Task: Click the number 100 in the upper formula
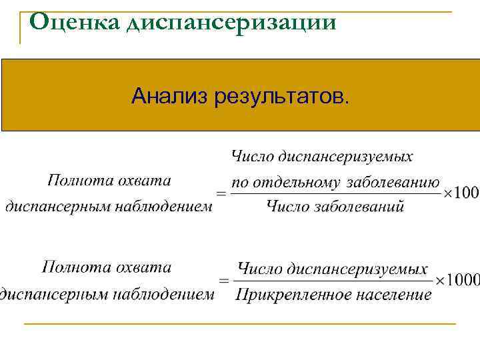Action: pos(466,193)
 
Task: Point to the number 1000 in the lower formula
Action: pos(464,280)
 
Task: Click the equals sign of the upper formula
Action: pos(221,193)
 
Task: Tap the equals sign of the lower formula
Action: pos(225,281)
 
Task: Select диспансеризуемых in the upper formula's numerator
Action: pos(346,157)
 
